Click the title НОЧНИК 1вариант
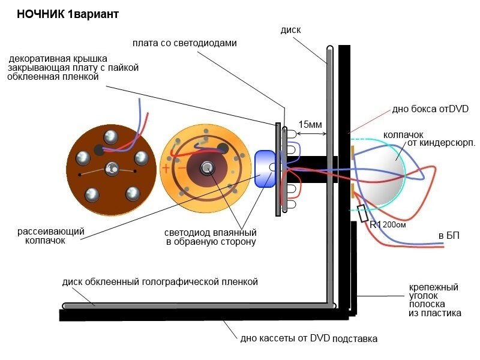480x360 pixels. click(x=68, y=14)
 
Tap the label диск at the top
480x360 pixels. click(x=290, y=30)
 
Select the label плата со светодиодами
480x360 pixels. click(x=185, y=43)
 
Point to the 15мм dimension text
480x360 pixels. click(x=310, y=124)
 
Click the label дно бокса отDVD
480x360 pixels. click(x=430, y=109)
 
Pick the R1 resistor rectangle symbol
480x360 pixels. click(x=363, y=214)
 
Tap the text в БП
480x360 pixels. click(x=449, y=235)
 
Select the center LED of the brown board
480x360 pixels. click(x=112, y=169)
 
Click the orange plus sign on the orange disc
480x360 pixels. click(x=166, y=168)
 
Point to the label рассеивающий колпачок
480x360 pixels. click(x=51, y=236)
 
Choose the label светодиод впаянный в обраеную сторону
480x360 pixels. click(x=211, y=237)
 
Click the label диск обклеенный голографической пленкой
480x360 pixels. click(x=160, y=281)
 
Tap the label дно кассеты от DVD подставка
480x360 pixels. click(x=308, y=338)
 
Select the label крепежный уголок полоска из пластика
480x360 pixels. click(x=434, y=300)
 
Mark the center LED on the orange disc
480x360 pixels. click(x=207, y=168)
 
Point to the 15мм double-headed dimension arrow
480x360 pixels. click(x=311, y=133)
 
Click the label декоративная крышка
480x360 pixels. click(x=58, y=58)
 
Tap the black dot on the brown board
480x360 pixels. click(x=99, y=150)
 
